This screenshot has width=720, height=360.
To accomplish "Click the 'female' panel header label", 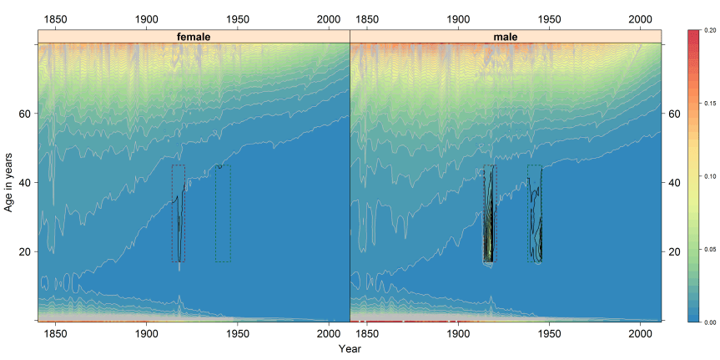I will click(x=194, y=37).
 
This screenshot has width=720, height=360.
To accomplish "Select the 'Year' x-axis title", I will click(x=350, y=348).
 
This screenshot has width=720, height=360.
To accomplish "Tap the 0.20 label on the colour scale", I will click(x=709, y=29).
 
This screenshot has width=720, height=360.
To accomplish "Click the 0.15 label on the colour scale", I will click(x=709, y=103).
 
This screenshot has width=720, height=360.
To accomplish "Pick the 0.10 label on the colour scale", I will click(x=709, y=175).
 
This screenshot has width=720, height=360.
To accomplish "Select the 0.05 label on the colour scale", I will click(x=709, y=248).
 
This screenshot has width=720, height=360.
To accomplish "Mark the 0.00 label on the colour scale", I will click(x=709, y=322).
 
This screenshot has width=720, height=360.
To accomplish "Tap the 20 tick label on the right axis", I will click(x=677, y=251).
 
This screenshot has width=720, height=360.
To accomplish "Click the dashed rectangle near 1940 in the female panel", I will click(x=223, y=213).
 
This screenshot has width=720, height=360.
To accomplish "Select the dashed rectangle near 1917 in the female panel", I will click(x=179, y=213).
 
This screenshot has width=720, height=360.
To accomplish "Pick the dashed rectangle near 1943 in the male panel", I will click(x=535, y=213).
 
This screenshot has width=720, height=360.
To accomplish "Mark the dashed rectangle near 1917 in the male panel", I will click(x=490, y=213).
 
